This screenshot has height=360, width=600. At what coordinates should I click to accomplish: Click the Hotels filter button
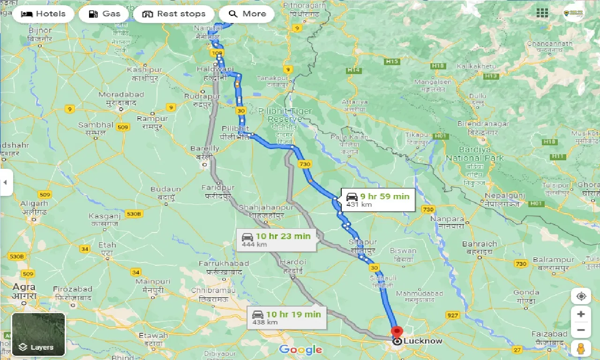(43, 14)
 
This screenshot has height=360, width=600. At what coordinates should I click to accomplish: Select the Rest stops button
(174, 14)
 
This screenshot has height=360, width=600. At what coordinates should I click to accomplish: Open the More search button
(247, 14)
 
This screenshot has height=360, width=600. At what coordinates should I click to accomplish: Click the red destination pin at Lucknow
(397, 332)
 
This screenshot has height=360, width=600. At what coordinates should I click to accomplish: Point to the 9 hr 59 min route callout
(377, 200)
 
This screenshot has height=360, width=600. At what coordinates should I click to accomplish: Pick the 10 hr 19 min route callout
(286, 317)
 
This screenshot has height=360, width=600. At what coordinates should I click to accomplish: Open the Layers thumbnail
(38, 334)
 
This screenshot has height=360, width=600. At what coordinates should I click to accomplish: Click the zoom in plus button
(581, 314)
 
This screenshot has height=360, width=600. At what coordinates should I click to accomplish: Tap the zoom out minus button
(581, 330)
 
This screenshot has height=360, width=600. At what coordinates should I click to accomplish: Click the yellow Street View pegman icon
(581, 349)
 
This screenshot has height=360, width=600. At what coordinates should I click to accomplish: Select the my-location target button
(581, 296)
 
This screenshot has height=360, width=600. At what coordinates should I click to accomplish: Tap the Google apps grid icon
(542, 13)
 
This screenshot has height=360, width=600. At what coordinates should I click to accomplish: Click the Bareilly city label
(205, 149)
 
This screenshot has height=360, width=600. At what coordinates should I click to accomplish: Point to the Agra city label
(23, 287)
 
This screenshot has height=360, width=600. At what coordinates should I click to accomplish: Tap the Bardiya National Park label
(475, 154)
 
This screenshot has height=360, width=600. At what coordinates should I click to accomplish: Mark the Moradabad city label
(121, 95)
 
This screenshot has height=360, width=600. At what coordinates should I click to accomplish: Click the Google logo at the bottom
(300, 350)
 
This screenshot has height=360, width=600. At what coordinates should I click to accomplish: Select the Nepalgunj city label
(505, 195)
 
